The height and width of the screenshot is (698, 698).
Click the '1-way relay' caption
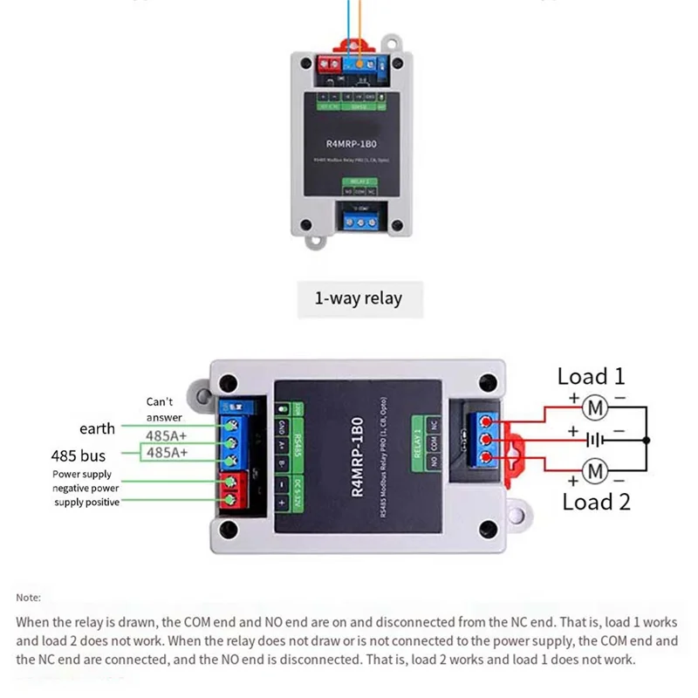coord(358,298)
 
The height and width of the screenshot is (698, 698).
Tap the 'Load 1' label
coord(592,377)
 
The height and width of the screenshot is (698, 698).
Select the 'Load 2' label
coord(596,502)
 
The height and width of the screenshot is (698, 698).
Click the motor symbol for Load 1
coord(595,406)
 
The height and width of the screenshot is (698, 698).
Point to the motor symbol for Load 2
coord(595,472)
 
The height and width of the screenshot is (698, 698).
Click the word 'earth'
coord(97,428)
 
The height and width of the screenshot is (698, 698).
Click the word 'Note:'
coord(28,598)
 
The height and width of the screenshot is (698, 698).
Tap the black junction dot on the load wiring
coord(647,441)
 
